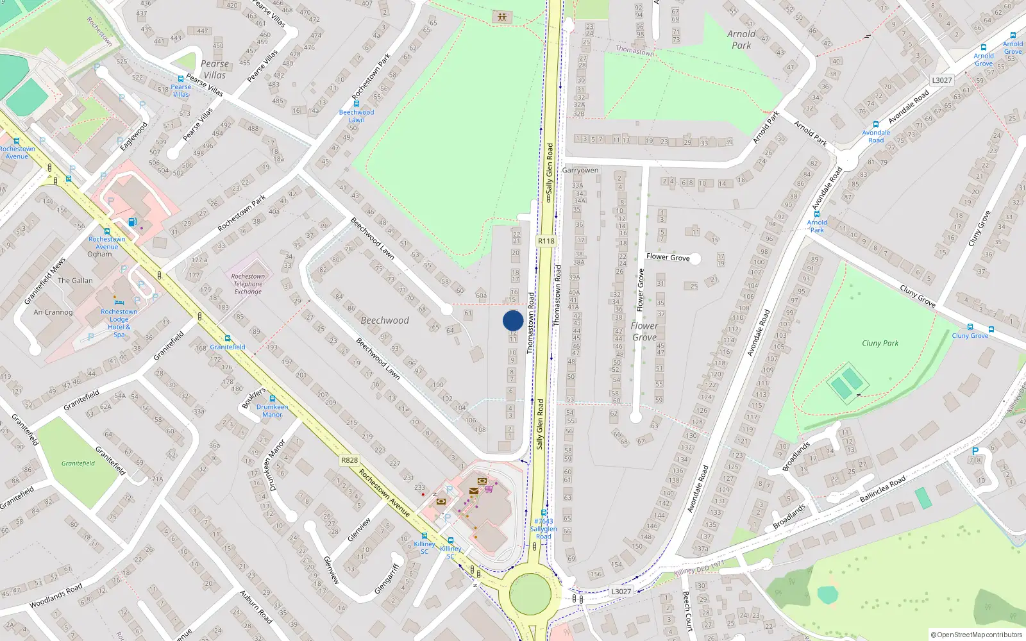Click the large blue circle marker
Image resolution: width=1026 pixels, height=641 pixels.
(513, 320)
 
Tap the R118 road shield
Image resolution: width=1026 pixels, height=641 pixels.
(546, 241)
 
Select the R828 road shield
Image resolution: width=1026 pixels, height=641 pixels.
(349, 460)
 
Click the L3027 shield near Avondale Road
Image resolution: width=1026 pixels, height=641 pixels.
(941, 80)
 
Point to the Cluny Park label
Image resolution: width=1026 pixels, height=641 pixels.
(880, 343)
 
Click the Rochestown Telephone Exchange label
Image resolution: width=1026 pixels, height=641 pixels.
(248, 284)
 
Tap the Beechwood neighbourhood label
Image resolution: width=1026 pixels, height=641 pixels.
(385, 320)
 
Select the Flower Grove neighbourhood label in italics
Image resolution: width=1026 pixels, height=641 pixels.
(644, 331)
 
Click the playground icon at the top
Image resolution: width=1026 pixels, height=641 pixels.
(502, 17)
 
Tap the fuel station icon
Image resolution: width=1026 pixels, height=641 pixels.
(132, 222)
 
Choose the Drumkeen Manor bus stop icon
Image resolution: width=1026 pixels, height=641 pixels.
(272, 399)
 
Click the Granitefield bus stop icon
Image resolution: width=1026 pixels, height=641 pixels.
(227, 338)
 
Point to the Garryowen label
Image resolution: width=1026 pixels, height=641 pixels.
(580, 171)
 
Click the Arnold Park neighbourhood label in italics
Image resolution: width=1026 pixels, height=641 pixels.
(741, 39)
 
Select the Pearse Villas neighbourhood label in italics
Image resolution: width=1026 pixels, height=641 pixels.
(214, 69)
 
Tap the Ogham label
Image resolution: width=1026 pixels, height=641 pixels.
(99, 254)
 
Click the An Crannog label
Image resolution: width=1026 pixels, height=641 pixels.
(53, 312)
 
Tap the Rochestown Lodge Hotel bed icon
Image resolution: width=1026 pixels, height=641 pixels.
(118, 302)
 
